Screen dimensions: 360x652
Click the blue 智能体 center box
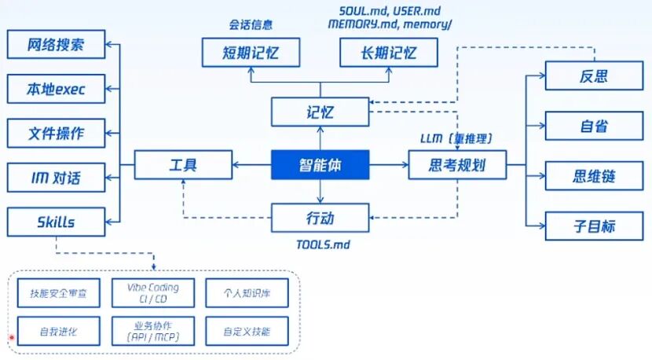[321, 165]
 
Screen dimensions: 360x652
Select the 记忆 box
[321, 112]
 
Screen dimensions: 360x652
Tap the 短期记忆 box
[251, 53]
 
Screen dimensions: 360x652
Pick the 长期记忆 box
[388, 53]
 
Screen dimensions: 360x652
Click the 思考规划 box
[457, 165]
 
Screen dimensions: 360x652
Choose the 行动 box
[321, 218]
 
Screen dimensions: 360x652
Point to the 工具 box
[183, 165]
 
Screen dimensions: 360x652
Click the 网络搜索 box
[56, 44]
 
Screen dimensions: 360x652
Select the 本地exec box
[56, 89]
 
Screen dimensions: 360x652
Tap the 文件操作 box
[56, 133]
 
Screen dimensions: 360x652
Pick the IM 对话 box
[56, 178]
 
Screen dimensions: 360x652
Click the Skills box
[56, 222]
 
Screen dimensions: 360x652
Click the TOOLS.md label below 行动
[322, 244]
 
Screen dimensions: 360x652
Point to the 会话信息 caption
[251, 25]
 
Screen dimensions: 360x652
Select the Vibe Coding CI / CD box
[152, 292]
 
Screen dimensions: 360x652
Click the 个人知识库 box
[247, 292]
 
